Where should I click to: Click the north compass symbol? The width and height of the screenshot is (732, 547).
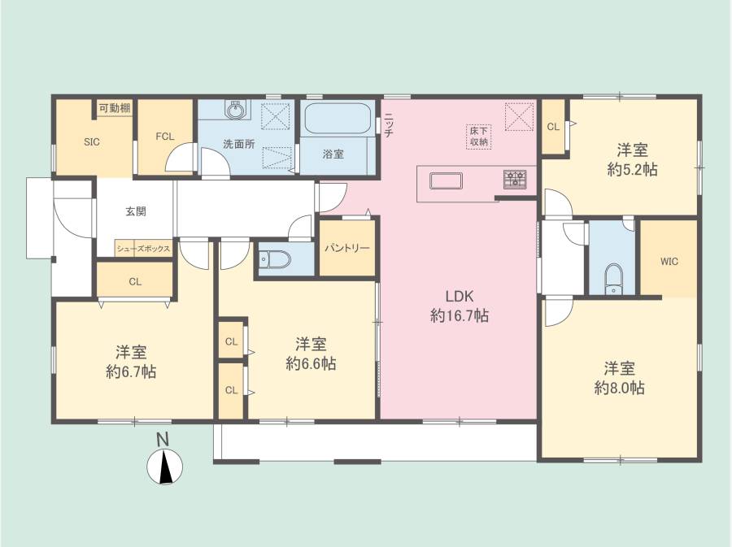point(164,466)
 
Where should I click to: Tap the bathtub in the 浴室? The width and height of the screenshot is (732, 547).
point(338,119)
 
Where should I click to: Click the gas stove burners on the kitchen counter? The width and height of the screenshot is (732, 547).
point(515,180)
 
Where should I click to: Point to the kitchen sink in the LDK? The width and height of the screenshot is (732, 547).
point(447,181)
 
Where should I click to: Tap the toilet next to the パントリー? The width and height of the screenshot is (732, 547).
point(276,259)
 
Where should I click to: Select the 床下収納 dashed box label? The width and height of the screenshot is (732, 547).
point(478,137)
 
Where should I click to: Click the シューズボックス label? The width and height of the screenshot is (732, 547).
point(143,249)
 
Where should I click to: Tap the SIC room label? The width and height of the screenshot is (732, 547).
point(92,142)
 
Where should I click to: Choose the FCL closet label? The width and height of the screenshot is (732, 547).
point(165,137)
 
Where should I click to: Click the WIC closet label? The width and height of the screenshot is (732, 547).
point(669,262)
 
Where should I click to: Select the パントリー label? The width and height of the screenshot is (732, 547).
point(347,248)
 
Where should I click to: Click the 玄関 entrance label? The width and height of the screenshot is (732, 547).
point(136,211)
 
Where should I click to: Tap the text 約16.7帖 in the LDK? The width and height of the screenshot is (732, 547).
point(460,316)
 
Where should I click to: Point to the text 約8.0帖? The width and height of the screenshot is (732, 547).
point(619,388)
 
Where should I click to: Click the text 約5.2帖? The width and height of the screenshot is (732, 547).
point(632,170)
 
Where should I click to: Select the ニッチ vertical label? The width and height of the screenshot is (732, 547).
point(389,125)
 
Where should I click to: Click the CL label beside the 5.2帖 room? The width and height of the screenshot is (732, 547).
point(553,127)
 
